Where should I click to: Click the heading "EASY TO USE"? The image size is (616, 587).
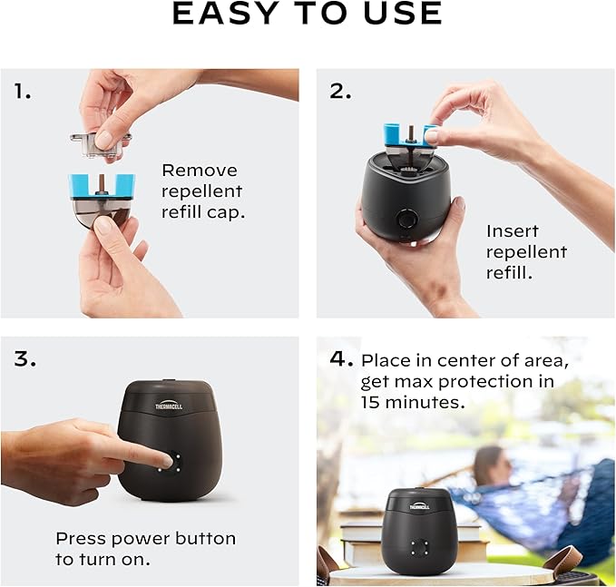307,14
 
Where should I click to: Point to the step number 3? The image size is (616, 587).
25,358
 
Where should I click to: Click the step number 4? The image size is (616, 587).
341,358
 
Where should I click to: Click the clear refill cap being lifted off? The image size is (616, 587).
100,142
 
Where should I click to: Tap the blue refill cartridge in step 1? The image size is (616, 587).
102,186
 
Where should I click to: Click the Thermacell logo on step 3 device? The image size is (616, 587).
168,406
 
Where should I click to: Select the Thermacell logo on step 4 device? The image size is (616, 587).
420,505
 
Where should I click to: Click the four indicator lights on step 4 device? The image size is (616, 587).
418,548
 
